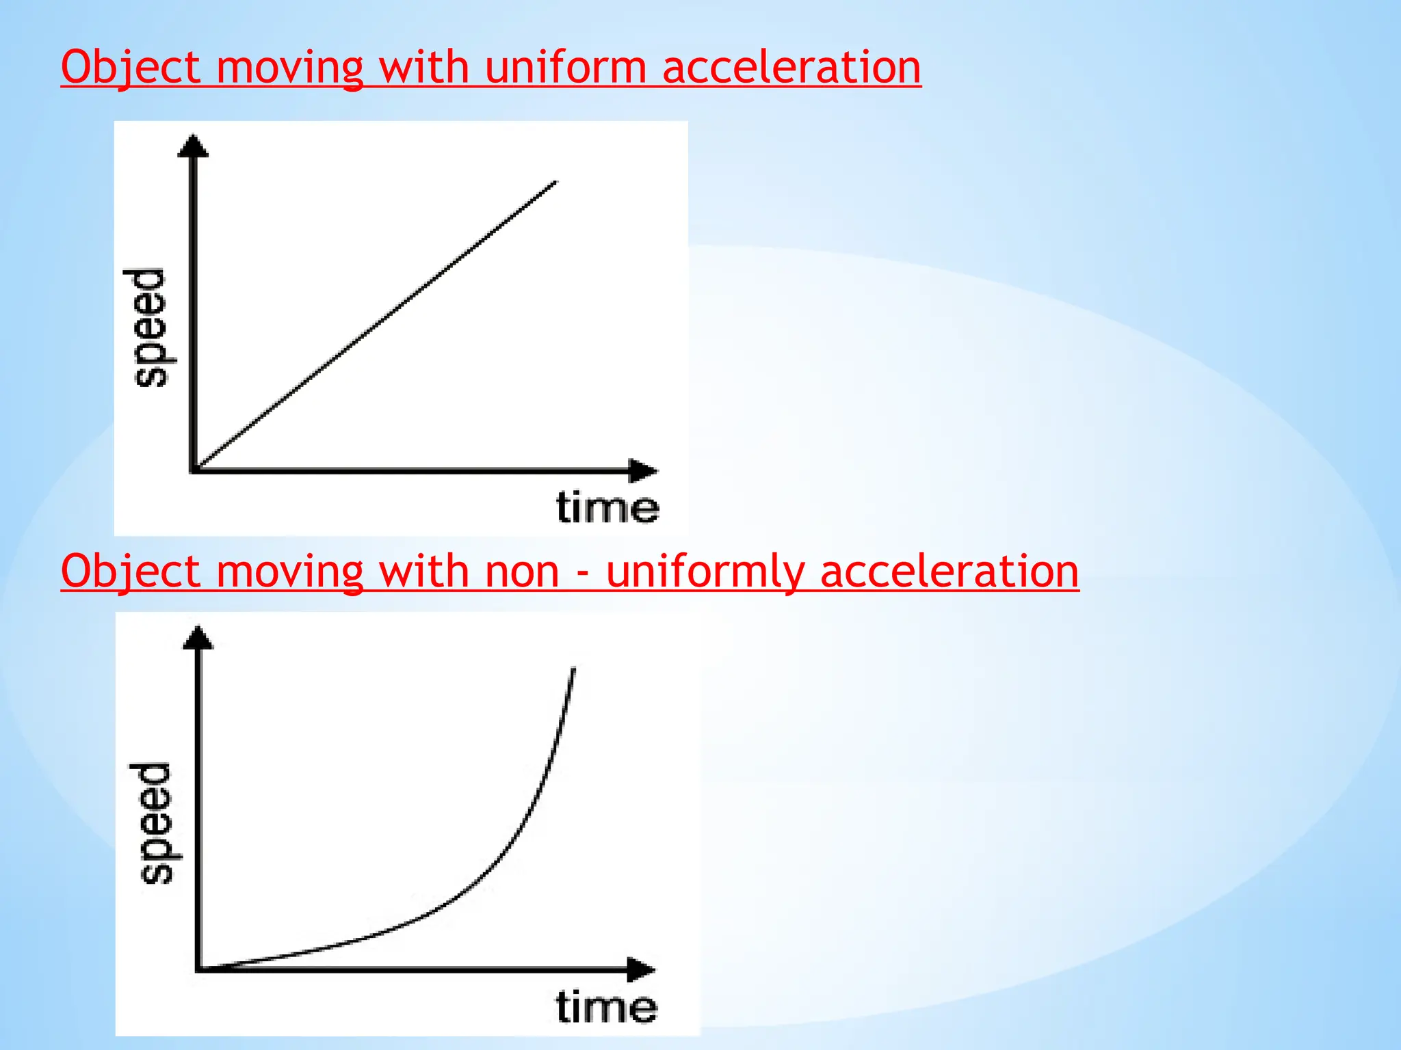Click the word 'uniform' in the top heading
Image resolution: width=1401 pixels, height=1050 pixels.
[x=565, y=68]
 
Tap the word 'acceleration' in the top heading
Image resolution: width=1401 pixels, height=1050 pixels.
[x=791, y=68]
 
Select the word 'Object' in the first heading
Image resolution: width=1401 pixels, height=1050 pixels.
[x=131, y=68]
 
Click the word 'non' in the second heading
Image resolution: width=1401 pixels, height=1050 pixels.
[x=522, y=571]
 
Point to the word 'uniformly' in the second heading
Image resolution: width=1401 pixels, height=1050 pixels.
[x=705, y=571]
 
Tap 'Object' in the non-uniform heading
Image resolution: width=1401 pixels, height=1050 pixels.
[x=131, y=571]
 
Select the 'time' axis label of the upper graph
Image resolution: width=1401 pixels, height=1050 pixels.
[x=607, y=508]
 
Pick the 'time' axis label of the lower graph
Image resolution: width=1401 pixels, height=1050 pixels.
[x=606, y=1007]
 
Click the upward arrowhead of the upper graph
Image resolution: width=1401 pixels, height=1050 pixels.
[x=193, y=146]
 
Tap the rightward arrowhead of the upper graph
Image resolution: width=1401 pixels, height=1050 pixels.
[x=642, y=470]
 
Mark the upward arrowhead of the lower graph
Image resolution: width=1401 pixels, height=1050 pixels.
[x=198, y=637]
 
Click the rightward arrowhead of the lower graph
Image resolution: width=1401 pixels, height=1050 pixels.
[x=641, y=969]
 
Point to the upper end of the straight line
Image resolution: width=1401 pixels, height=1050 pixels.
[x=555, y=183]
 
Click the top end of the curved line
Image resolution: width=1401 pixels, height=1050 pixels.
[x=573, y=670]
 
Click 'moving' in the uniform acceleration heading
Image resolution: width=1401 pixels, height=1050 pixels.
[x=289, y=68]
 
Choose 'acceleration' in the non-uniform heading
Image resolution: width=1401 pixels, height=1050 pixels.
[x=950, y=571]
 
